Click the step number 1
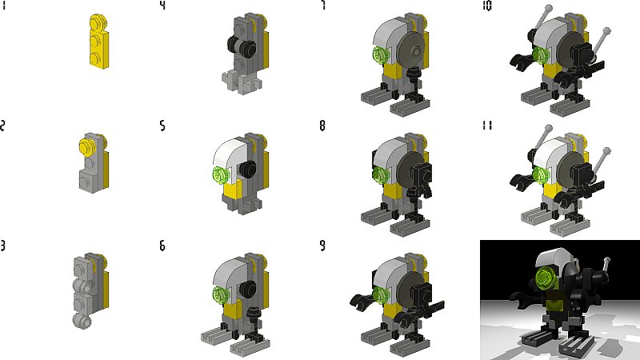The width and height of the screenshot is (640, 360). tap(4, 6)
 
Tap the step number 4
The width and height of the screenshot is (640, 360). tap(162, 6)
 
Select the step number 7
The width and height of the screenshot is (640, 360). tap(323, 6)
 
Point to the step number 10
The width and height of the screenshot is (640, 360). tap(486, 6)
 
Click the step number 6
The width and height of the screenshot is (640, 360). tap(162, 246)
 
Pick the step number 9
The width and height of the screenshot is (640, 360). tap(323, 246)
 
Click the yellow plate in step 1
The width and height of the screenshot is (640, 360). tap(98, 41)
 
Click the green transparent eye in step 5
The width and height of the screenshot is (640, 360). tap(221, 175)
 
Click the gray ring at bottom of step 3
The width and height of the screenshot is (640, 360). tap(82, 321)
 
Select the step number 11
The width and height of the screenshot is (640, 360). tap(486, 126)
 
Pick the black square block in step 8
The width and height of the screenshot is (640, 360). tap(421, 174)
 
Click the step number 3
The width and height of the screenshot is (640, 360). tap(3, 246)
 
